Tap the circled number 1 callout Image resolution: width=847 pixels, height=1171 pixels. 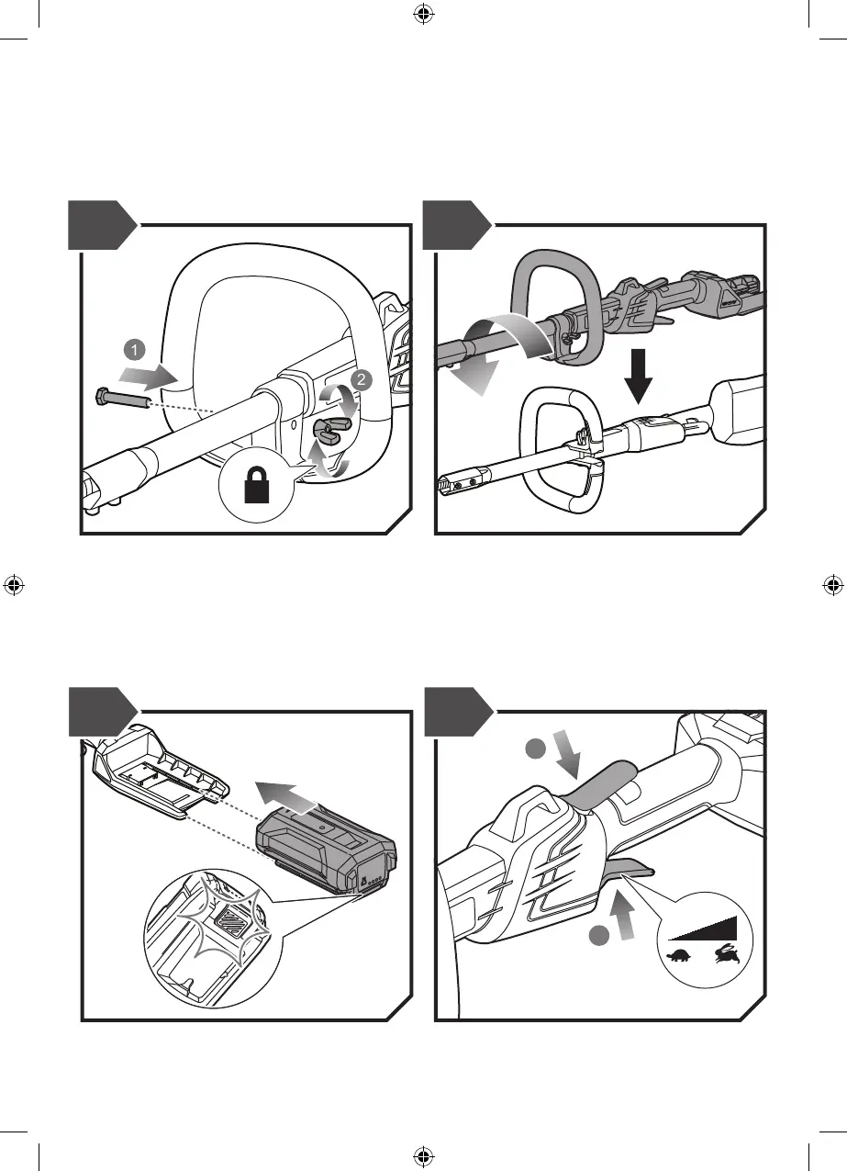(134, 349)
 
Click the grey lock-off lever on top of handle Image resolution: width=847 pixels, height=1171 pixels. (606, 781)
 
